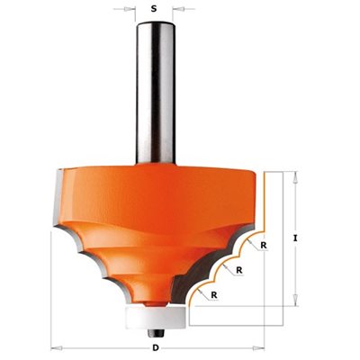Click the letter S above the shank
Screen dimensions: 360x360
[x=154, y=9]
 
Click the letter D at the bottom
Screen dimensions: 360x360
[x=156, y=348]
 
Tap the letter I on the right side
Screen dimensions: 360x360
[x=295, y=238]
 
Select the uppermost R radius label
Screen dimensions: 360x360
[x=264, y=246]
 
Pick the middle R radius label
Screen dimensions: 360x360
[x=239, y=270]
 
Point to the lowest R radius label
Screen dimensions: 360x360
[x=214, y=295]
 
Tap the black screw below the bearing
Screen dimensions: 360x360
[x=156, y=333]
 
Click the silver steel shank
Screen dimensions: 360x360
[x=156, y=93]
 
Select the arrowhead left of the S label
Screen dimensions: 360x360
[x=130, y=9]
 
